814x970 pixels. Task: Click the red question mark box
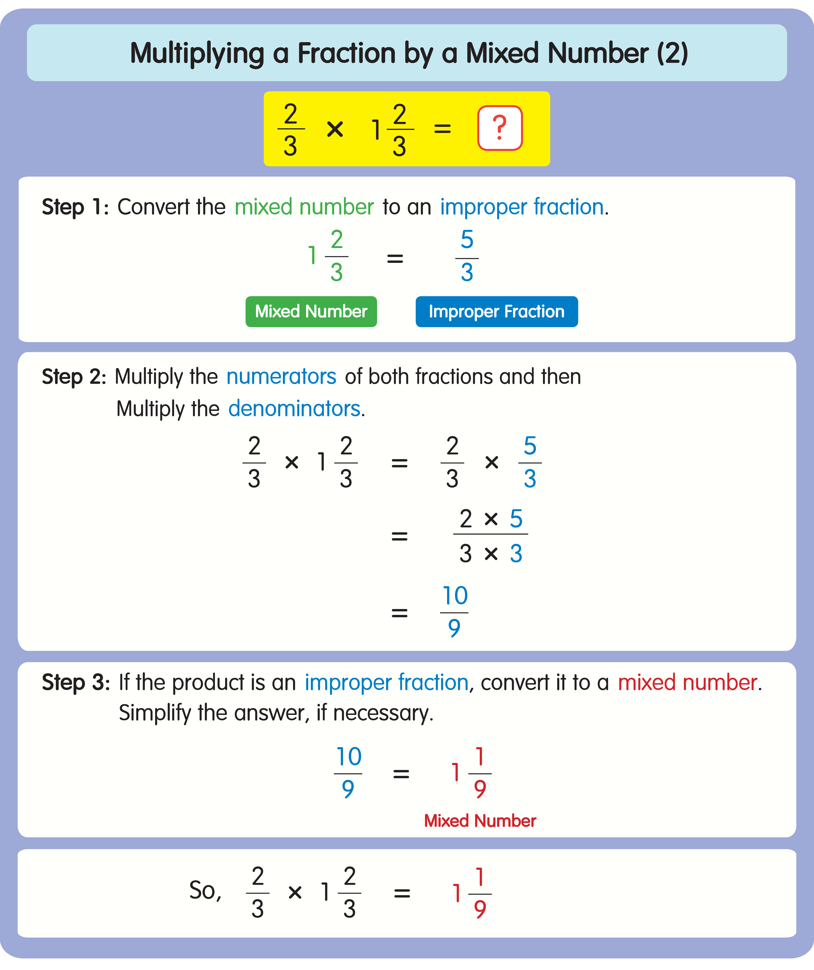pyautogui.click(x=500, y=128)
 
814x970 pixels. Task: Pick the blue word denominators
pyautogui.click(x=294, y=409)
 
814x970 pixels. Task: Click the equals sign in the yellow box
pyautogui.click(x=442, y=129)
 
